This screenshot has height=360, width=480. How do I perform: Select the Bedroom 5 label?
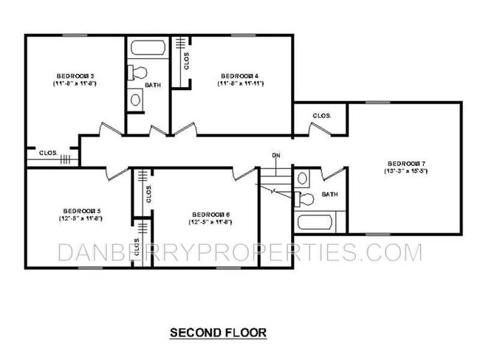pos(80,210)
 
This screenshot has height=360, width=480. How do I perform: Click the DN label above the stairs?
pos(276,156)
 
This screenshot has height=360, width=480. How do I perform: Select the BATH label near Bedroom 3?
pos(153,85)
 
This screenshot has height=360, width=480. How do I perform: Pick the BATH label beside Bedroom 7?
pos(329,195)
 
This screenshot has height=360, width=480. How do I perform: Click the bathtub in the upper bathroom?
pos(148,48)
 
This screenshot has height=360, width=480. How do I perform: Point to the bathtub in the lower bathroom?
pos(315,222)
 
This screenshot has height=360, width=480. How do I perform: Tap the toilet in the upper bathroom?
pos(137,72)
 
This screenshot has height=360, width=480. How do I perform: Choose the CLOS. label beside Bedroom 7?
pos(321,116)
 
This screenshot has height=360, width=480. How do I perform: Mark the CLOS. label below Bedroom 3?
pos(49,153)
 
